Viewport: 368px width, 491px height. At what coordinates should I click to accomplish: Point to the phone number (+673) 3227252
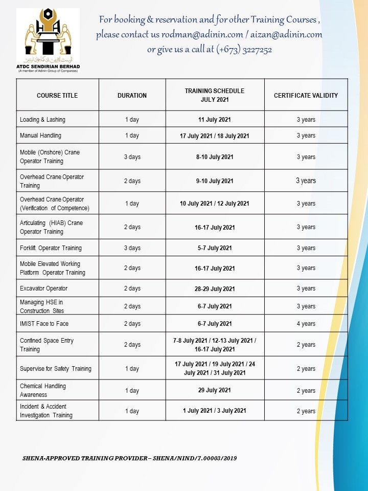(x=244, y=50)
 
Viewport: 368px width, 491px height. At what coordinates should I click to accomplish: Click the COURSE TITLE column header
(x=57, y=96)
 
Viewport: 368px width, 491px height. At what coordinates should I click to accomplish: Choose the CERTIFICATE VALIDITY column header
(x=306, y=96)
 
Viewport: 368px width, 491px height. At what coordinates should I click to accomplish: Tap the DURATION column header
(x=132, y=96)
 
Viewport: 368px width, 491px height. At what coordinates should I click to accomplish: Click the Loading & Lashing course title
(x=42, y=120)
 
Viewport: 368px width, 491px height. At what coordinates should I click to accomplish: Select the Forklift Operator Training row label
(x=51, y=248)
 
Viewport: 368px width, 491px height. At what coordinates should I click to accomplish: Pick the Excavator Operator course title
(x=43, y=288)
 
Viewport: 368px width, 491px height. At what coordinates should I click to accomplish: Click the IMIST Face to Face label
(x=44, y=324)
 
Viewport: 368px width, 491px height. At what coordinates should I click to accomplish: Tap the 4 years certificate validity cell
(x=306, y=324)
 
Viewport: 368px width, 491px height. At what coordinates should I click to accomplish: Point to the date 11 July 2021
(x=215, y=120)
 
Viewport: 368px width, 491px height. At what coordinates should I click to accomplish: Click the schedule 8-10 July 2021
(x=215, y=157)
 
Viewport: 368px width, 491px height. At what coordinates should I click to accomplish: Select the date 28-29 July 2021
(x=215, y=289)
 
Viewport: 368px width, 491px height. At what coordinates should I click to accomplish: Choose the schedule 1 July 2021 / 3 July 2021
(x=215, y=411)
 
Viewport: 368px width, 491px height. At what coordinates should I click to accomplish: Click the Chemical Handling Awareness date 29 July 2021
(x=215, y=390)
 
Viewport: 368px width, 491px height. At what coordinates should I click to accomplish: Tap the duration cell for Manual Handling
(x=132, y=136)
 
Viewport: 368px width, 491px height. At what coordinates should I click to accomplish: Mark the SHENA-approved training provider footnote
(x=129, y=458)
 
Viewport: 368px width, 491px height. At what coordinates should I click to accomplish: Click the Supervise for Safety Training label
(x=56, y=369)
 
